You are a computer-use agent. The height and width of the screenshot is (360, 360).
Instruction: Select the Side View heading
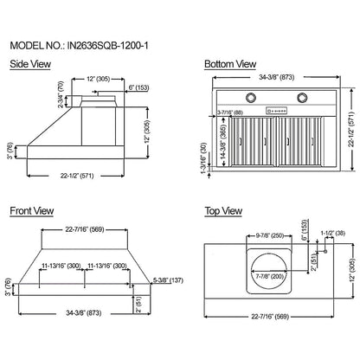pyautogui.click(x=29, y=64)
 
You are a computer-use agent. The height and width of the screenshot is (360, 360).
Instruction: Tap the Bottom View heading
pyautogui.click(x=229, y=64)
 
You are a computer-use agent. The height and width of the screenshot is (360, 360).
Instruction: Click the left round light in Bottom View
pyautogui.click(x=237, y=96)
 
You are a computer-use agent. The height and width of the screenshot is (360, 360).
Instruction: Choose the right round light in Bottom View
pyautogui.click(x=305, y=96)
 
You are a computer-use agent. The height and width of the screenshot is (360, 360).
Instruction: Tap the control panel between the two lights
pyautogui.click(x=271, y=110)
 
